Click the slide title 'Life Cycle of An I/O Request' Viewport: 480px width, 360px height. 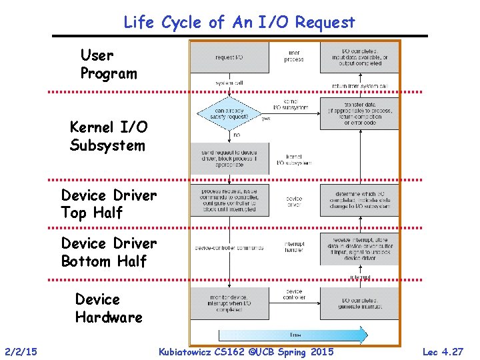click(239, 22)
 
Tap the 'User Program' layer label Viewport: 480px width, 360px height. click(108, 64)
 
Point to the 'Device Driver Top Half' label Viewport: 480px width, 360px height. click(109, 204)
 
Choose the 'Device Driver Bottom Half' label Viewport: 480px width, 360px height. click(109, 252)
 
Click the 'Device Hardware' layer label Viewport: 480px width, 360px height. click(109, 308)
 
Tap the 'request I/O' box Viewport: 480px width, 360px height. click(229, 57)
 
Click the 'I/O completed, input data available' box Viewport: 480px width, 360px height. click(359, 57)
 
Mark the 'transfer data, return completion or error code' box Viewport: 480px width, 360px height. click(359, 114)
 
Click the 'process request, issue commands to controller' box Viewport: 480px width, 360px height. click(229, 199)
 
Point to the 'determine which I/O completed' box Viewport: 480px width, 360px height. click(359, 199)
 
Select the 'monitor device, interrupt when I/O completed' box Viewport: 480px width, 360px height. click(229, 303)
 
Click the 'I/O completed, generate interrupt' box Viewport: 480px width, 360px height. click(359, 303)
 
